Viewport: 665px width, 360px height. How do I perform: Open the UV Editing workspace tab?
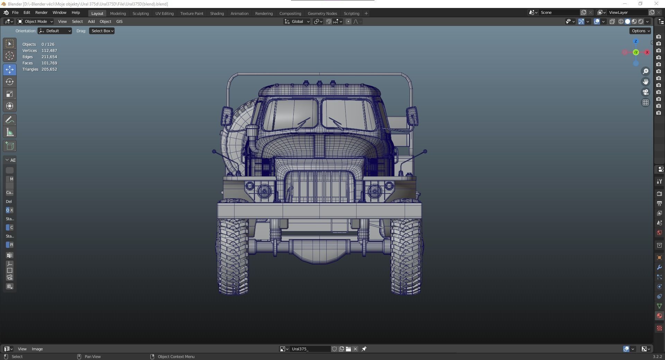click(164, 13)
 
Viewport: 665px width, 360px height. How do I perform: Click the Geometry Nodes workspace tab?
click(322, 13)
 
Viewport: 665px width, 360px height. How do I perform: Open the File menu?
click(15, 12)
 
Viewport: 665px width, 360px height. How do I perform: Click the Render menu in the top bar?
click(41, 12)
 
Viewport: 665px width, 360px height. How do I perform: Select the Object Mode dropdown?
click(35, 21)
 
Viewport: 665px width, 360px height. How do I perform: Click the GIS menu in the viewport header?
click(119, 21)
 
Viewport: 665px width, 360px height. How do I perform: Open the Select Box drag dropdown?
click(102, 31)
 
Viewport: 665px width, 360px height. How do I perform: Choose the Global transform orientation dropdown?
click(297, 21)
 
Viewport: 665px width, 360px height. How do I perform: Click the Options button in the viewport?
click(640, 31)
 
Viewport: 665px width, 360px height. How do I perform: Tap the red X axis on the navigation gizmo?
click(647, 52)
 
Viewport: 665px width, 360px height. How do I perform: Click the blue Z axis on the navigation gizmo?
click(636, 42)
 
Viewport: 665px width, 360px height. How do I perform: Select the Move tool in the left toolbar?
click(10, 70)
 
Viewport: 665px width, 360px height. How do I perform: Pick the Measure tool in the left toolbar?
click(10, 132)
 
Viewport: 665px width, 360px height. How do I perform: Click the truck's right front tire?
click(406, 256)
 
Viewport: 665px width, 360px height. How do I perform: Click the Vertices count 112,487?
click(49, 51)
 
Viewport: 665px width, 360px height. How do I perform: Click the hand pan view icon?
click(646, 82)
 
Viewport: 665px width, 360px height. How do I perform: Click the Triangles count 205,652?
click(49, 69)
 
